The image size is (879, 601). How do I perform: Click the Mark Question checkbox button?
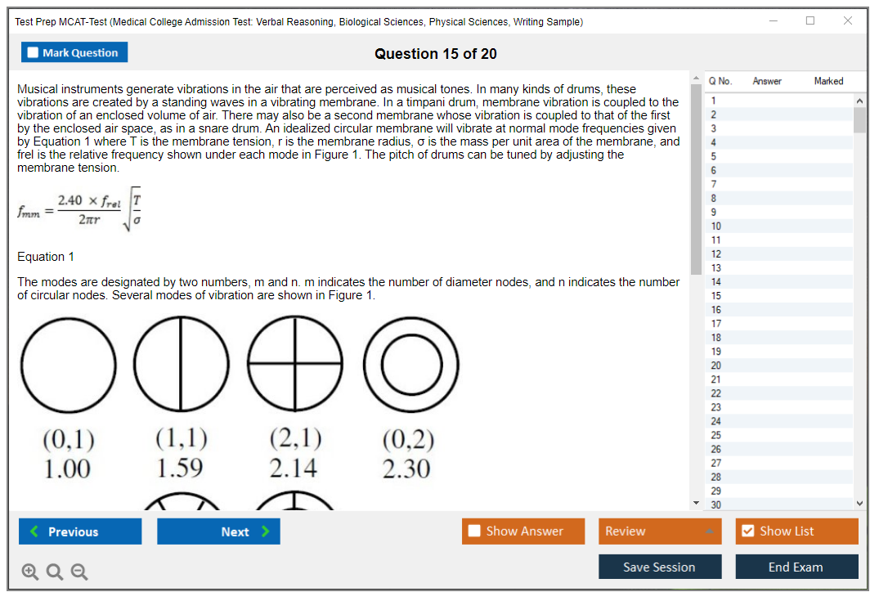(x=74, y=52)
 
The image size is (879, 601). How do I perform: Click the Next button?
(x=218, y=531)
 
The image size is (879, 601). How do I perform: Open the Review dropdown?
(x=660, y=531)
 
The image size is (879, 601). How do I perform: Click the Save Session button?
(x=660, y=567)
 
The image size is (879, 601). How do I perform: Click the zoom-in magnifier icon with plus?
(x=29, y=572)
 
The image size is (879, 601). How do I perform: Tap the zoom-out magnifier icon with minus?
(x=79, y=572)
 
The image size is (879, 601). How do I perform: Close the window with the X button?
(x=848, y=20)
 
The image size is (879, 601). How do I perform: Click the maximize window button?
(x=810, y=20)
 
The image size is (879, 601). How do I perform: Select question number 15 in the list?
(x=715, y=295)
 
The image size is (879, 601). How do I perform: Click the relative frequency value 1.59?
(x=179, y=469)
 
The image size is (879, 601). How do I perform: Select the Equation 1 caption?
(x=46, y=257)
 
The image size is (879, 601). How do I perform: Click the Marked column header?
(x=828, y=81)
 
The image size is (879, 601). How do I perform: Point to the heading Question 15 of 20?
(x=436, y=54)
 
